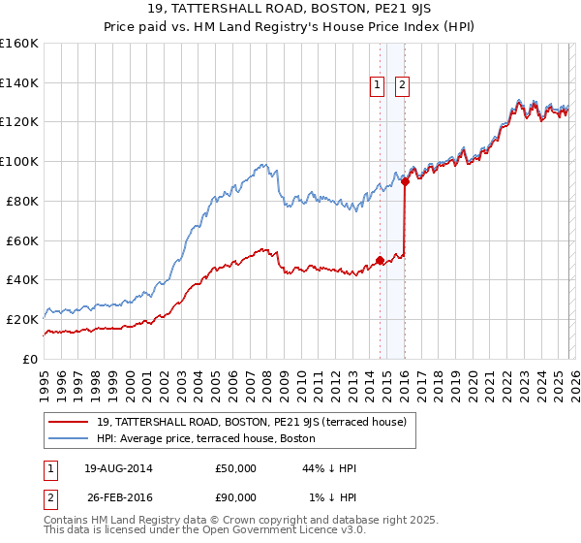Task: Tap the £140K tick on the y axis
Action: [19, 82]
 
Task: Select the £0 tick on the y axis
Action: [29, 359]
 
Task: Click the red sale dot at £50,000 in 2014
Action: [380, 260]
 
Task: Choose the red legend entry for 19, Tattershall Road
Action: [257, 422]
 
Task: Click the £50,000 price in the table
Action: [235, 468]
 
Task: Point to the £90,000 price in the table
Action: [235, 497]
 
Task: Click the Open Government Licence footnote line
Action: [205, 530]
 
